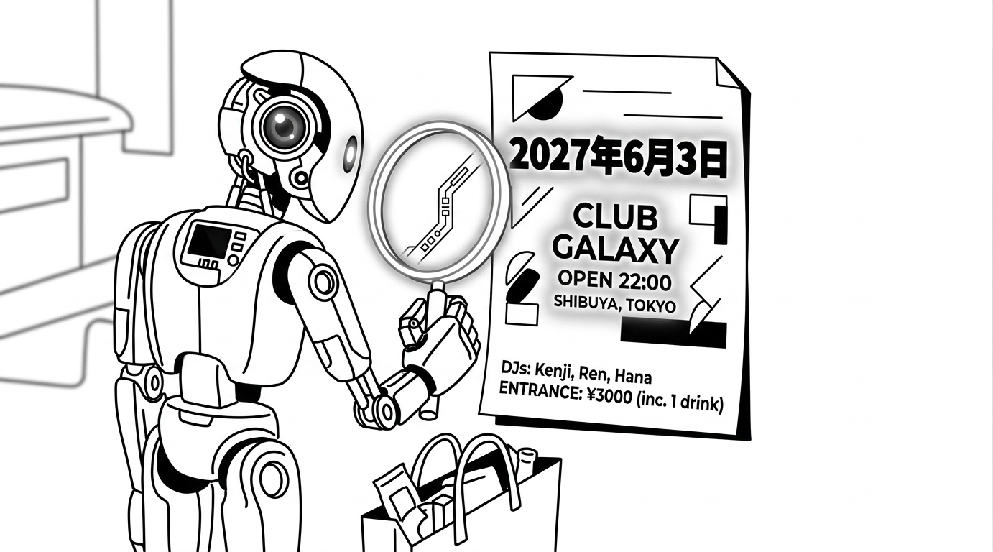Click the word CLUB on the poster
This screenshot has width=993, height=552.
pos(615,218)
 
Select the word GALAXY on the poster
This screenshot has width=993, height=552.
pos(616,250)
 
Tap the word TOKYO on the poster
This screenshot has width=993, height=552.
pos(652,305)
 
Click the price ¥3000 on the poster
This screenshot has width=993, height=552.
pos(609,397)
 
